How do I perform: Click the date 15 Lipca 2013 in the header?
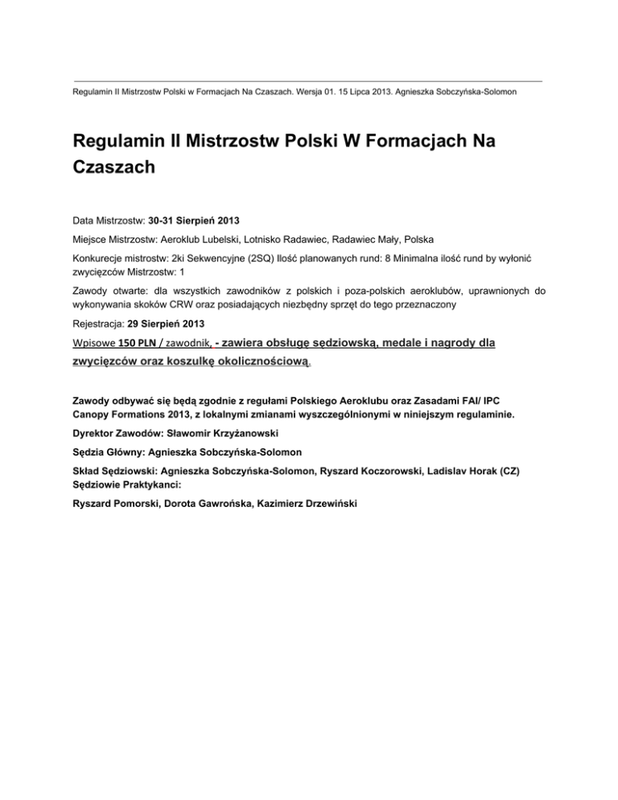[337, 93]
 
